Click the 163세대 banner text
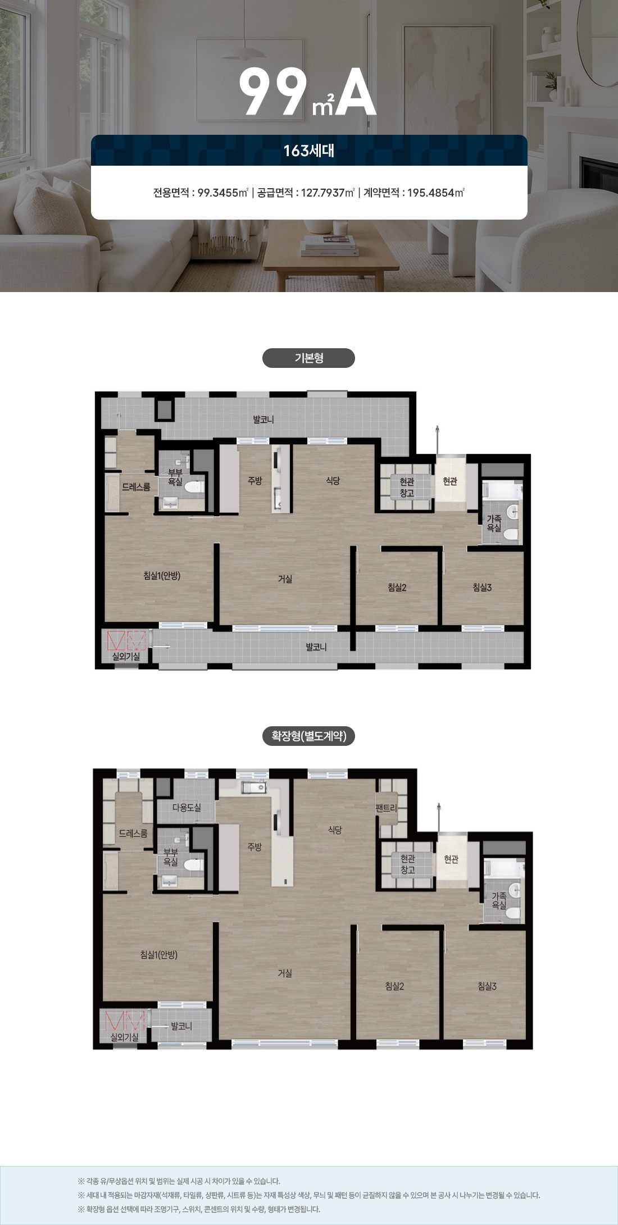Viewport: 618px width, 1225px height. pos(308,151)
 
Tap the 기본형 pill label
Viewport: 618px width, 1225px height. pos(308,358)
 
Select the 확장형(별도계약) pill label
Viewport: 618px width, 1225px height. pos(308,736)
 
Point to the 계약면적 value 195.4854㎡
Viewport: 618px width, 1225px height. pos(436,193)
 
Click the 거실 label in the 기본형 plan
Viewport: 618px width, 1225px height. pos(285,579)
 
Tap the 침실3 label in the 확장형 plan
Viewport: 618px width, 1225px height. pos(487,986)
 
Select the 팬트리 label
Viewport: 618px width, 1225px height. pos(386,808)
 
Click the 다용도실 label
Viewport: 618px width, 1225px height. pos(186,807)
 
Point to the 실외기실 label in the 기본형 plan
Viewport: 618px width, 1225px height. pos(126,656)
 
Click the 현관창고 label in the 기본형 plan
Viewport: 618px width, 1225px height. pos(407,487)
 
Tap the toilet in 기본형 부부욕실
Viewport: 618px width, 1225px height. pos(194,487)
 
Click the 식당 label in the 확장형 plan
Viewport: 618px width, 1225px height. pos(335,830)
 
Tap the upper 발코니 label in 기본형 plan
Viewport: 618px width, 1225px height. pos(263,420)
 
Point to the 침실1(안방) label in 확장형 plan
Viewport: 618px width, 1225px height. pos(159,954)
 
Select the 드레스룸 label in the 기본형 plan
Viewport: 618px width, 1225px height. pos(136,487)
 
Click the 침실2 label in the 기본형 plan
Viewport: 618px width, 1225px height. pos(397,588)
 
